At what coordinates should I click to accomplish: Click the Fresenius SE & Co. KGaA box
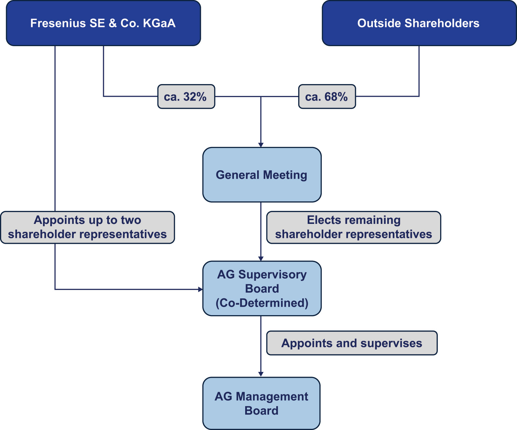pos(103,23)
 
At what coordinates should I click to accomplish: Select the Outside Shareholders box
pos(419,23)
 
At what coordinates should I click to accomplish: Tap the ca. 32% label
pos(186,97)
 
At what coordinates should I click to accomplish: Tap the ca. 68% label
pos(327,97)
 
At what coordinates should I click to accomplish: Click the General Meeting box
pos(262,175)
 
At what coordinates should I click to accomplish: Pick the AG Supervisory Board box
pos(262,288)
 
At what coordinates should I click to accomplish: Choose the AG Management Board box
pos(261,403)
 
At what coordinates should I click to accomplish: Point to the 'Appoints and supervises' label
pos(352,343)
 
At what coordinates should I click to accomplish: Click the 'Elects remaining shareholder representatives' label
pos(353,227)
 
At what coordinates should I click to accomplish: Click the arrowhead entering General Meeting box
pos(261,145)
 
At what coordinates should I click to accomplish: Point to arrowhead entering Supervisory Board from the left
pos(200,290)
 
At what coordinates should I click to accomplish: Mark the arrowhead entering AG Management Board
pos(261,374)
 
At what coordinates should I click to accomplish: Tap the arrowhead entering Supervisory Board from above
pos(261,259)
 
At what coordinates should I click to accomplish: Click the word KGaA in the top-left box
pos(159,23)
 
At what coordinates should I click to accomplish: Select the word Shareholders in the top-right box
pos(442,23)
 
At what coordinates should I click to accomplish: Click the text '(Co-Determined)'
pos(262,303)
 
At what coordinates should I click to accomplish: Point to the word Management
pos(272,397)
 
